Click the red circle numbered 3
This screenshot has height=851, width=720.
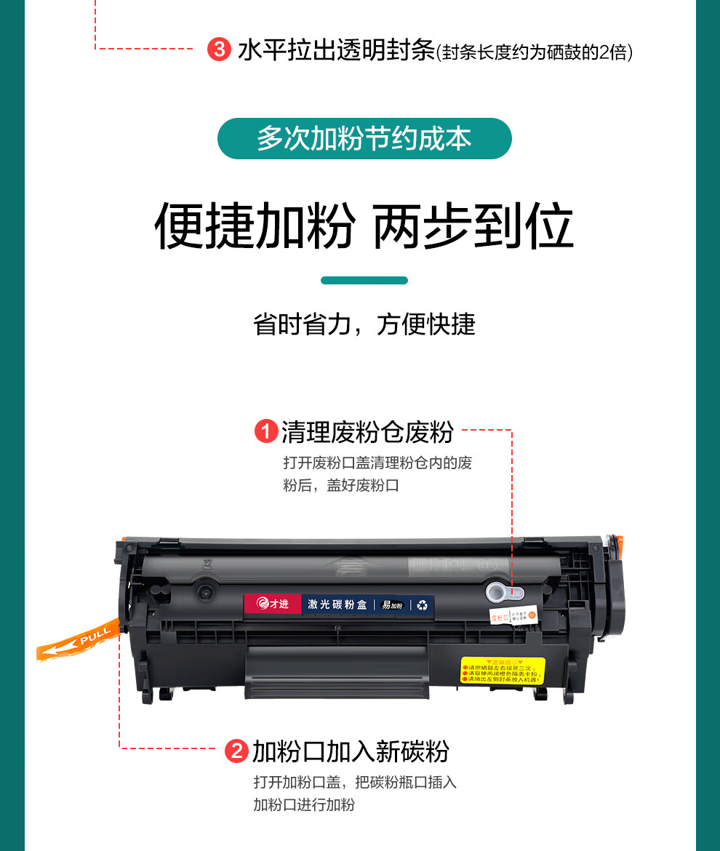point(217,50)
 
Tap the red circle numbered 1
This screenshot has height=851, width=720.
point(265,432)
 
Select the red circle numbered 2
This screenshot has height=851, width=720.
point(237,751)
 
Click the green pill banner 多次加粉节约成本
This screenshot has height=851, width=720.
point(364,139)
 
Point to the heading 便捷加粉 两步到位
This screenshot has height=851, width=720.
point(364,226)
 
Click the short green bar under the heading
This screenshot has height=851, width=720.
point(364,280)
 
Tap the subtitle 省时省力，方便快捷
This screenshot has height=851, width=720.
point(364,324)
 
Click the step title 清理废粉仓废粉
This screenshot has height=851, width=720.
point(367,432)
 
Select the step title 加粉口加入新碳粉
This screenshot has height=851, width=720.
point(351,751)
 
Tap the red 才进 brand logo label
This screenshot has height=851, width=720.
point(273,604)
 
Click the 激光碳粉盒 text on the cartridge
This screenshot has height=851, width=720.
point(337,604)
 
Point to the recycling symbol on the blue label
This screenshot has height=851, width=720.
point(423,604)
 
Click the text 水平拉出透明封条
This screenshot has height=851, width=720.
point(336,51)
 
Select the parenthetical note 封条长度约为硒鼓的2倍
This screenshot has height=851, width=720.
point(535,53)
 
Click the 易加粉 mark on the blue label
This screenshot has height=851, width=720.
point(393,604)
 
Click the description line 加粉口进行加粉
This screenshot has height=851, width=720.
point(304,804)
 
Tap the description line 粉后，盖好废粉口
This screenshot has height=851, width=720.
point(341,485)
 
